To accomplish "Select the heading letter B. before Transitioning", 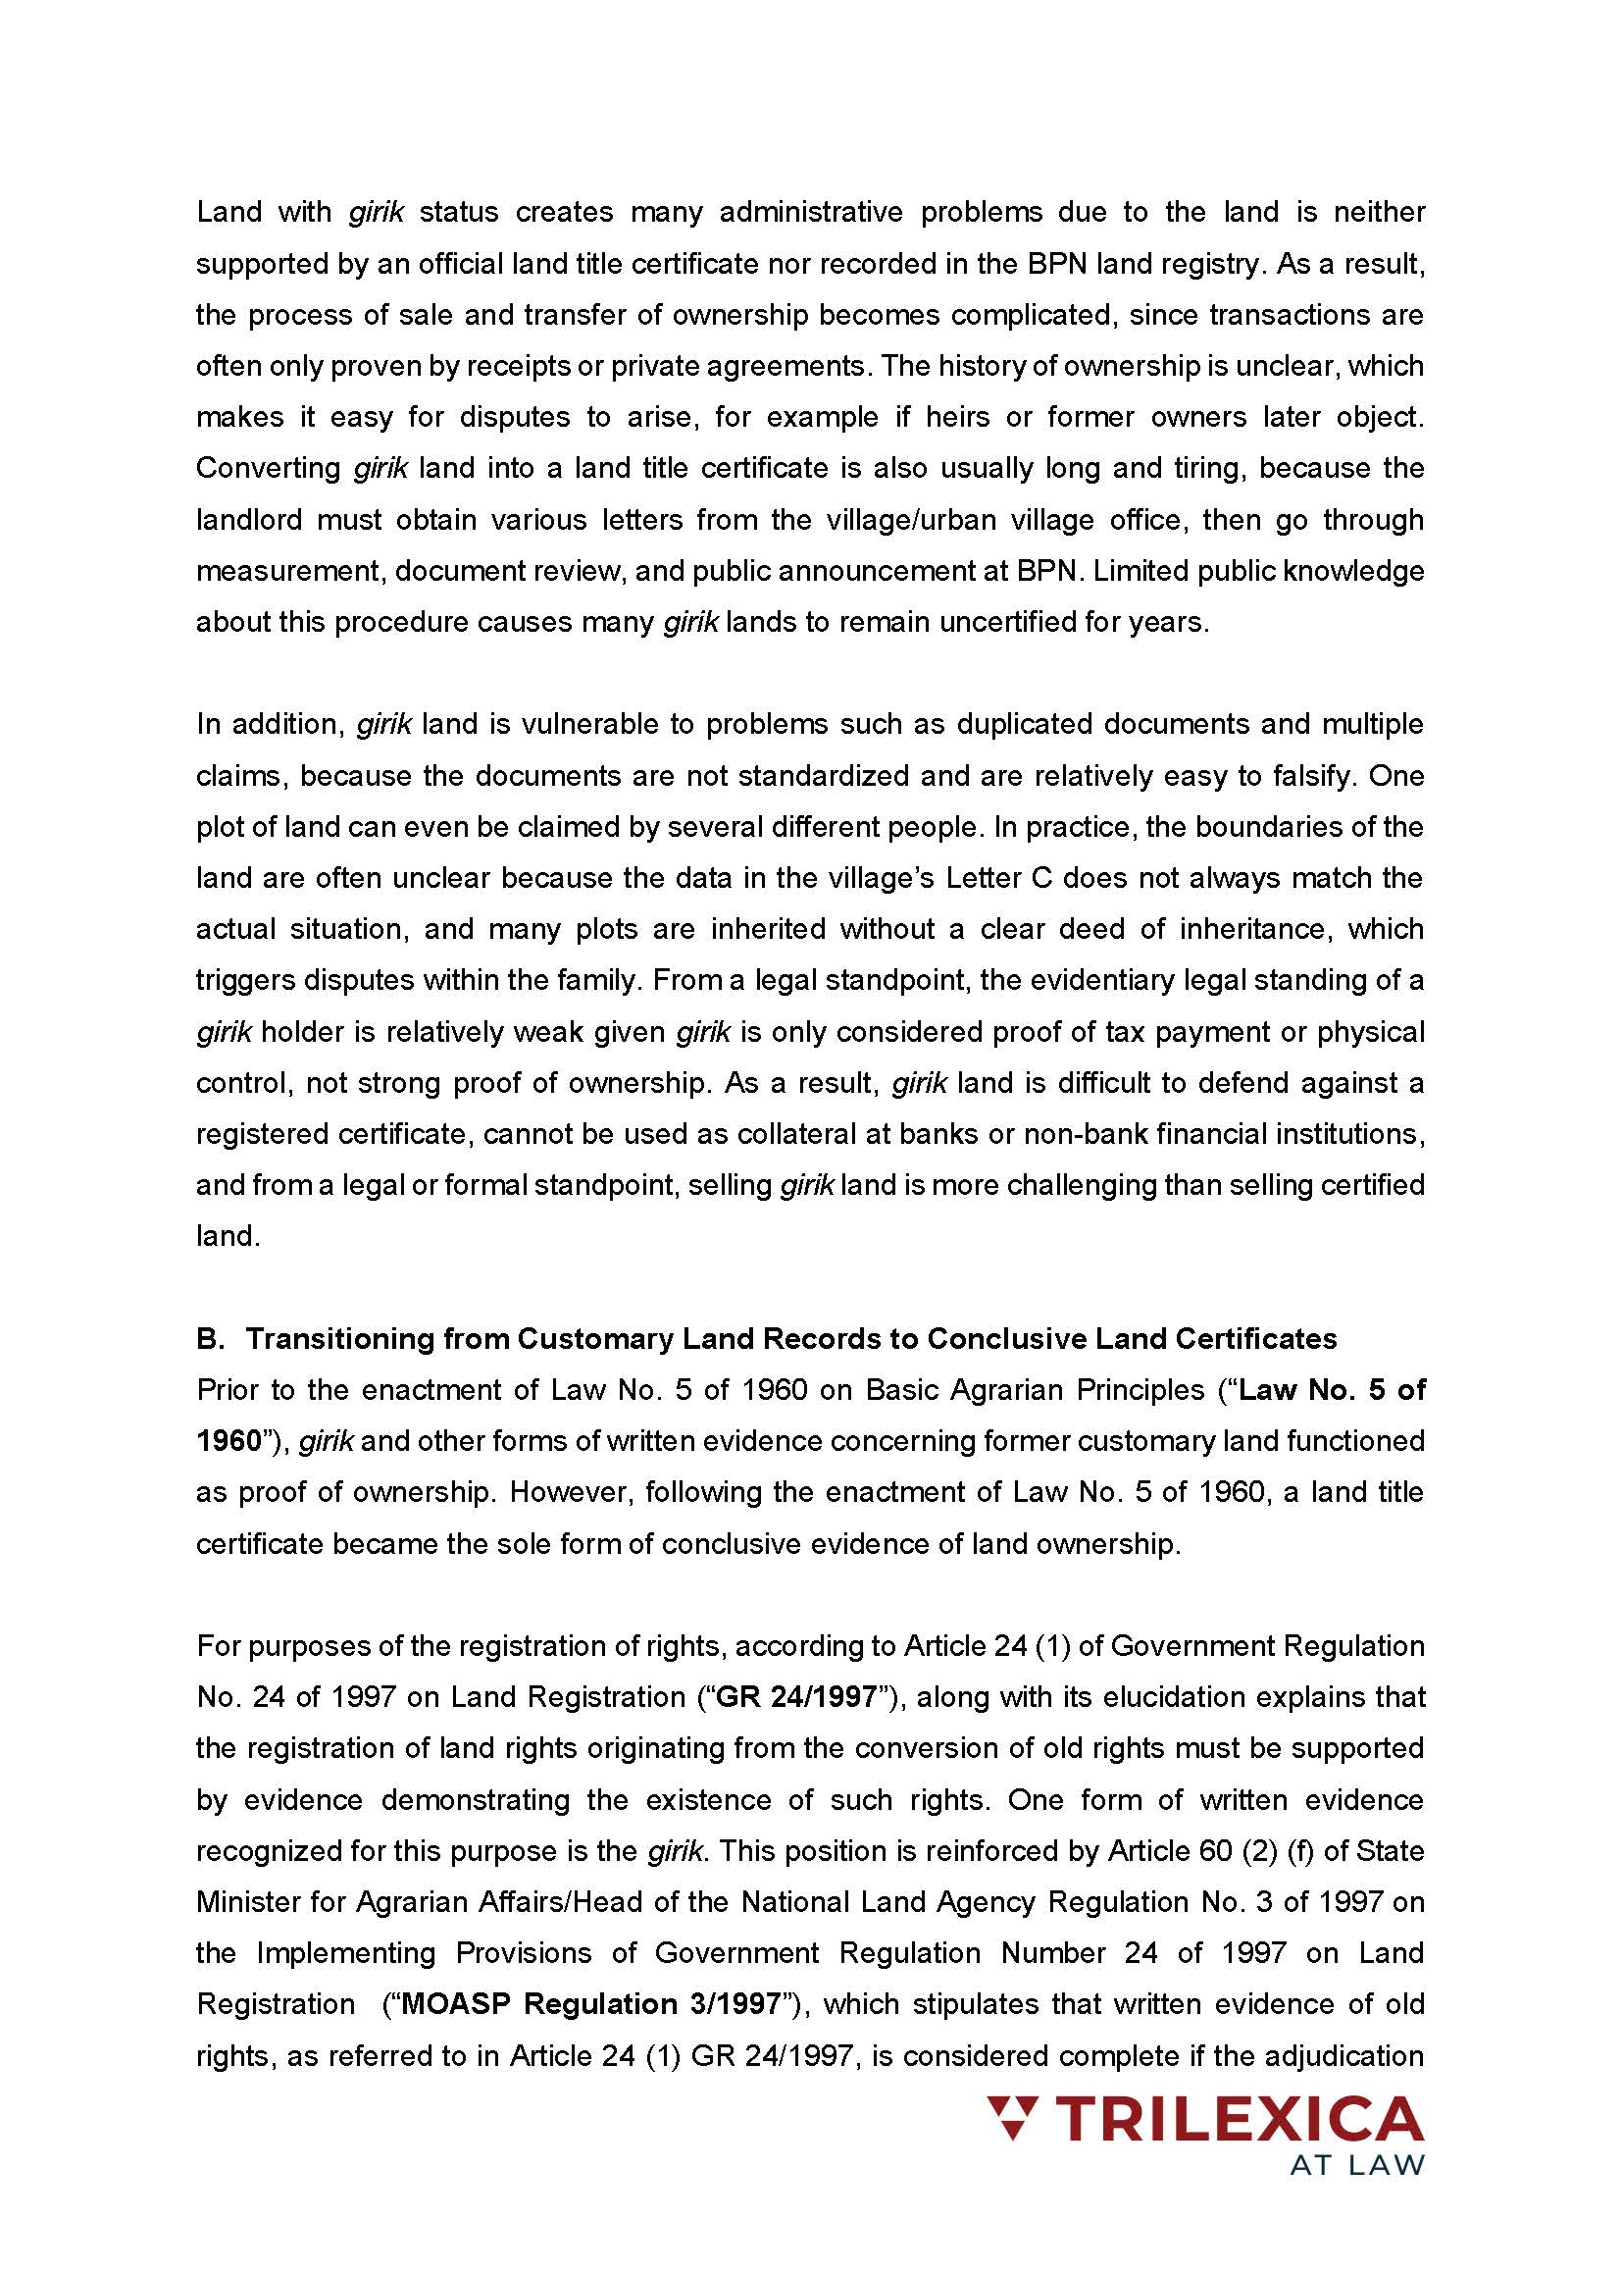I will coord(211,1339).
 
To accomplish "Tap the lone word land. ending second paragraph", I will coord(228,1236).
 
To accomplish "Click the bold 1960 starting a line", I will coord(228,1441).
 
